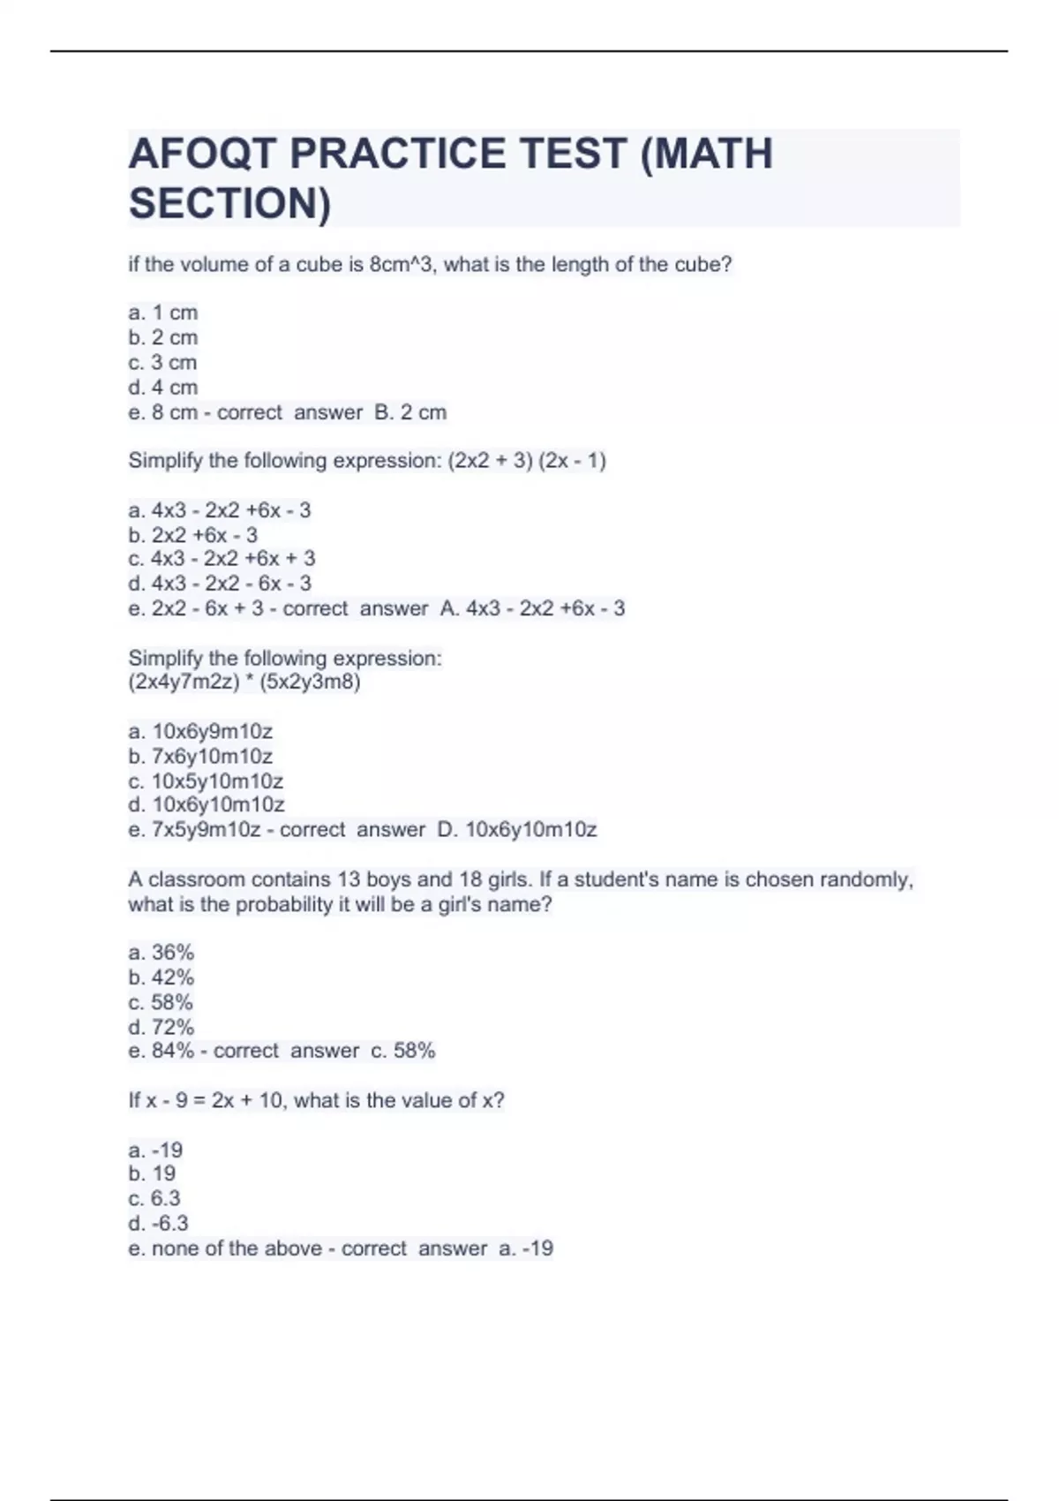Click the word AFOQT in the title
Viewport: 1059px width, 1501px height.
202,154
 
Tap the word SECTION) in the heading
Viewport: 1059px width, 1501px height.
229,203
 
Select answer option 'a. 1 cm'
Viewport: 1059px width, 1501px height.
163,313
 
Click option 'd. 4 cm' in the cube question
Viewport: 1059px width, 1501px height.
163,387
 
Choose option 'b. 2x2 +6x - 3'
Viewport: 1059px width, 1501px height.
193,535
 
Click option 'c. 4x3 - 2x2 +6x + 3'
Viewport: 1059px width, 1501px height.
222,559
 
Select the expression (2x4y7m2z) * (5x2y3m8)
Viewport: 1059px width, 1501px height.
244,682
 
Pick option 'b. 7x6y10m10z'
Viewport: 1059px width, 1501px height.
200,756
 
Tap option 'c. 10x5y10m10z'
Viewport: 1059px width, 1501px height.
206,781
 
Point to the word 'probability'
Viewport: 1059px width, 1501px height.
283,904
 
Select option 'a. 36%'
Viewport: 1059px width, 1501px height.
161,953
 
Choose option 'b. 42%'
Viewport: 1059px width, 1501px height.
161,977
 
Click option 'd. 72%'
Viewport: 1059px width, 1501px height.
161,1027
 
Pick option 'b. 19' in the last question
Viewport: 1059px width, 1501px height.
152,1173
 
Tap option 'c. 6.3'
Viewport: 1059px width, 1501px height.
154,1198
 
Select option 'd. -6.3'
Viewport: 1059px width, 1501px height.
158,1223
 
